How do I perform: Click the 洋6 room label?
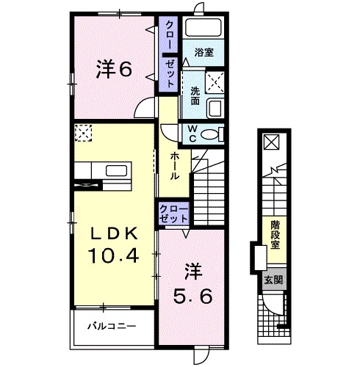114,69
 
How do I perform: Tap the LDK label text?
114,235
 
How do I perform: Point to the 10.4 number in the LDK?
113,255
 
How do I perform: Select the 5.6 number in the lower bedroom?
192,297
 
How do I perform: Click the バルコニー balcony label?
112,326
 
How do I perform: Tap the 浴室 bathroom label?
204,52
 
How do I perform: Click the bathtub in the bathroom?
204,27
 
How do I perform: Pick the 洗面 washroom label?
195,96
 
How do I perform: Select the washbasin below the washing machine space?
215,108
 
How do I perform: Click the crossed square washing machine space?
215,82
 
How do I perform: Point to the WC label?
193,134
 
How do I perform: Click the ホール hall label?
174,166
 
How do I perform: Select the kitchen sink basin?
117,171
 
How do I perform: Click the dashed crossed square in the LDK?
84,133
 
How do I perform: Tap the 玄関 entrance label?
273,280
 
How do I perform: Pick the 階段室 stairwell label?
276,235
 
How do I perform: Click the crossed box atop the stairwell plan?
271,142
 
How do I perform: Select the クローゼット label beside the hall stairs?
173,214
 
